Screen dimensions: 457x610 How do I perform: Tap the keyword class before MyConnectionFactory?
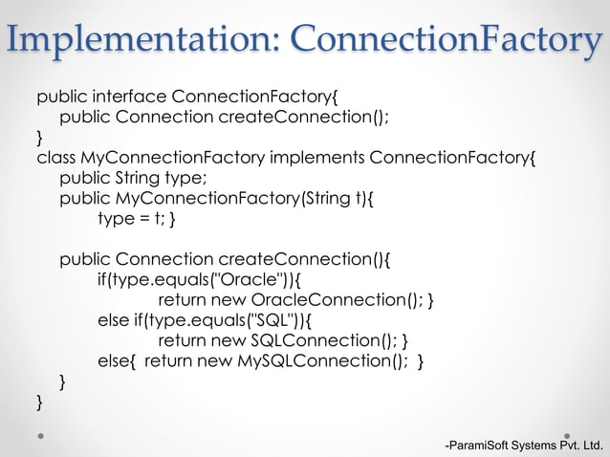(x=56, y=157)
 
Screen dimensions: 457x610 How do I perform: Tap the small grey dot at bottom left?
(x=41, y=433)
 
